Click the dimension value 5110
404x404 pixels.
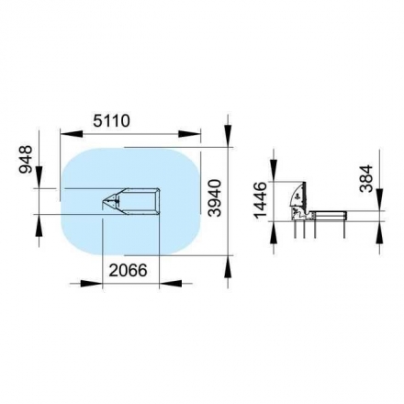pos(112,120)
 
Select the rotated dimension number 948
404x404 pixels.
pos(26,160)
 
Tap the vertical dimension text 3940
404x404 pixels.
pos(214,198)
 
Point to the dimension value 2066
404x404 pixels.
pos(129,270)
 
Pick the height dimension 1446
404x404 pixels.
pos(261,199)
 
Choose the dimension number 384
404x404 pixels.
pos(366,178)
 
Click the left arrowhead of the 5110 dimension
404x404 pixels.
pos(72,133)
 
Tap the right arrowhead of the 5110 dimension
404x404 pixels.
pos(190,133)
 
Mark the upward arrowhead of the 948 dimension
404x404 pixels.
pos(39,225)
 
